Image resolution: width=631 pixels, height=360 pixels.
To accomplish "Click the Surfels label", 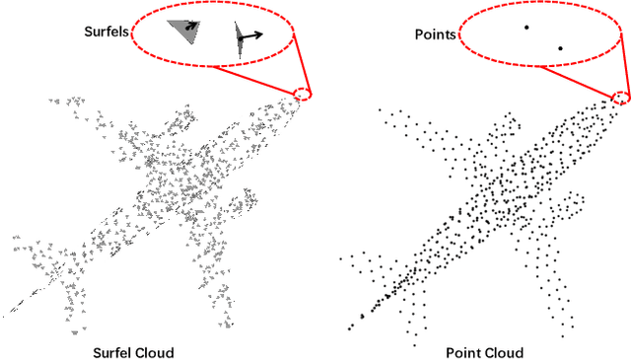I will pos(106,32).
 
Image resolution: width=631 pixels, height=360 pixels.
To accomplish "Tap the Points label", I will pos(434,35).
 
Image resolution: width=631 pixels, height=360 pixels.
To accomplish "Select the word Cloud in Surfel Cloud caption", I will pos(158,352).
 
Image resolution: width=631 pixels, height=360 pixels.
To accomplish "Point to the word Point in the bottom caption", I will pos(463,352).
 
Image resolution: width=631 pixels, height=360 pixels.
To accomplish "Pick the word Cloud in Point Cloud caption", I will pos(503,352).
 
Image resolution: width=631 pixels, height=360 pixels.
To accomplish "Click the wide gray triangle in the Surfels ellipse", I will pos(181,33).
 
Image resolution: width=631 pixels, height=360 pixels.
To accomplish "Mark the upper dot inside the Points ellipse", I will pos(526,28).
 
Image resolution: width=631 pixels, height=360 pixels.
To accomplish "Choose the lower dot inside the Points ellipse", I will pos(560,47).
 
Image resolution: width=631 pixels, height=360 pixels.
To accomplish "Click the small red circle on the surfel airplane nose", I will pos(303,94).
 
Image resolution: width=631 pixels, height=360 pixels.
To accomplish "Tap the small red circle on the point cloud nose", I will pos(620,96).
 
